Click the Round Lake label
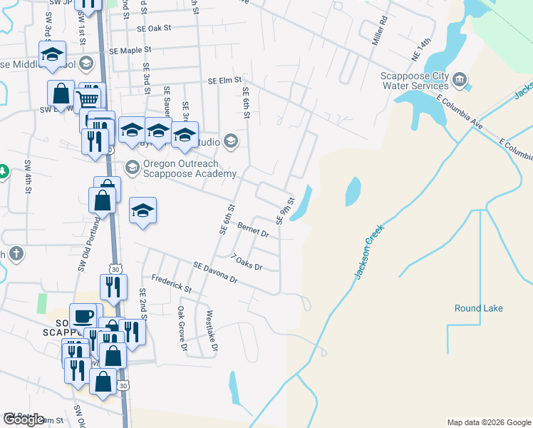point(479,308)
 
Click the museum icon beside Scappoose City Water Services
point(460,78)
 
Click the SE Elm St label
point(226,81)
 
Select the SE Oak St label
point(155,29)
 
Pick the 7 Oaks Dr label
point(247,262)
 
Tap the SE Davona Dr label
point(214,272)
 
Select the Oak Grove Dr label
point(182,330)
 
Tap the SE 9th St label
point(284,210)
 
